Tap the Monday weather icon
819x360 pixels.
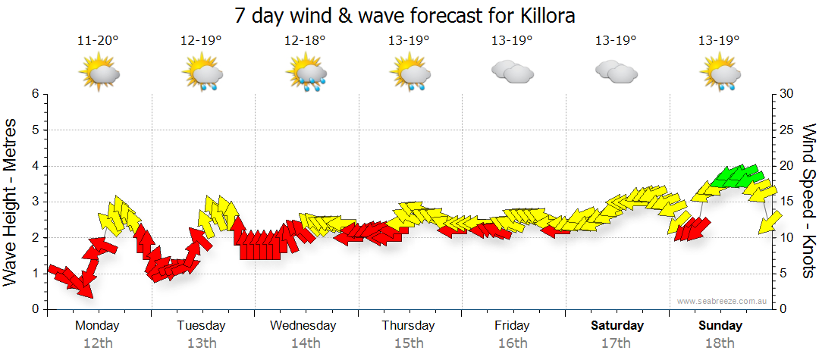99,74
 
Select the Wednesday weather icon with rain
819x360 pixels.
306,74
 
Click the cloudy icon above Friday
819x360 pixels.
512,72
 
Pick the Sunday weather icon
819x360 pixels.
720,74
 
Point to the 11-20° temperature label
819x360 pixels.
98,41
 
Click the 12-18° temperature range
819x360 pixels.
305,41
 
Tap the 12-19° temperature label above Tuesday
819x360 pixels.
201,41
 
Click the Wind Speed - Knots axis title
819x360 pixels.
807,201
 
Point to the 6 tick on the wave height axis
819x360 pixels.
34,94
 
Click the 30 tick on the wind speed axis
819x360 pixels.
787,94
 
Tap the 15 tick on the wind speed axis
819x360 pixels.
787,202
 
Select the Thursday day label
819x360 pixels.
408,326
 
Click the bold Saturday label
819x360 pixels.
617,326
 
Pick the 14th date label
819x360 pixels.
305,343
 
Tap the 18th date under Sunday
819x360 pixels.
720,343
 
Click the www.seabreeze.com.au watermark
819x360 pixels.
723,301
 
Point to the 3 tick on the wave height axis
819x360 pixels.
34,202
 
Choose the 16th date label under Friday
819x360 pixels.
513,343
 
